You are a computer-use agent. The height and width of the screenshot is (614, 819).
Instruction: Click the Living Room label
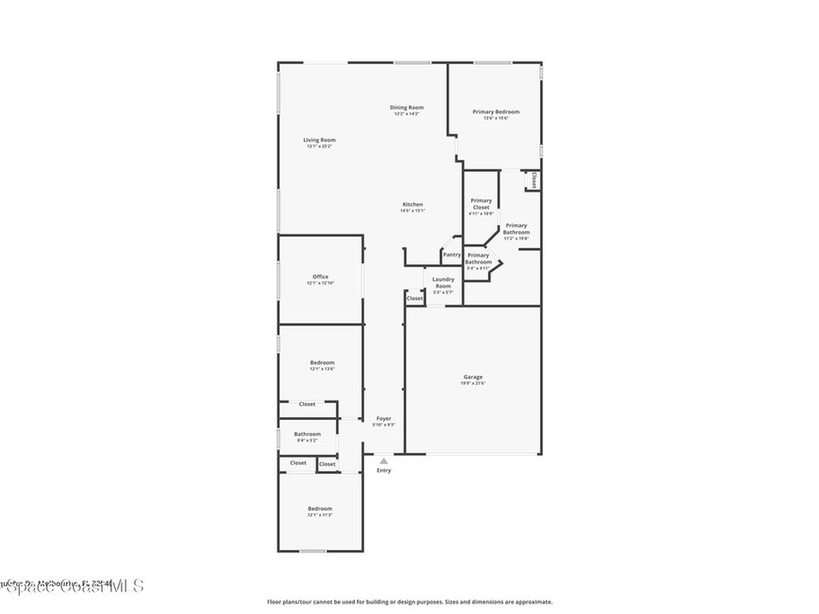coord(319,140)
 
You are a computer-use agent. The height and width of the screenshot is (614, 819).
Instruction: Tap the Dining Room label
coord(406,107)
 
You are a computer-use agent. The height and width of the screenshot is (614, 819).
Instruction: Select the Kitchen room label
coord(412,204)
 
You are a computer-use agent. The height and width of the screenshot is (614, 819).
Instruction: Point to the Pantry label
coord(452,255)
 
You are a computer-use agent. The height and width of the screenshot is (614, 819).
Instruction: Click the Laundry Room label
coord(443,282)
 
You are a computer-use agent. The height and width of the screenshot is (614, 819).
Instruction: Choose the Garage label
coord(473,377)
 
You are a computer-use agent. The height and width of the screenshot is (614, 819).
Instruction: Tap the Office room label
coord(320,277)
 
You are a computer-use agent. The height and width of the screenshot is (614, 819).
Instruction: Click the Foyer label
coord(384,418)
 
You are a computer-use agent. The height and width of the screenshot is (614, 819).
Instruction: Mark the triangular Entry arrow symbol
coord(384,460)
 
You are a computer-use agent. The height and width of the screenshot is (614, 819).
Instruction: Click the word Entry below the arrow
coord(384,470)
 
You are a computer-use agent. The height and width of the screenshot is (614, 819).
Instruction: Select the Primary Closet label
coord(481,204)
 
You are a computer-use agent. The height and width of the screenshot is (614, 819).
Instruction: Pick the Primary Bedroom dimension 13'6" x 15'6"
coord(496,118)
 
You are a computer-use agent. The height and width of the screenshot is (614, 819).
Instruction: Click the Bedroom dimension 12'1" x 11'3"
coord(320,516)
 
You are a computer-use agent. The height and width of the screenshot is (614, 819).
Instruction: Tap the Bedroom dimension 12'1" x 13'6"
coord(322,369)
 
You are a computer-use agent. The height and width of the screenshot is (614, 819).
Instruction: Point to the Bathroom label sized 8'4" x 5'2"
coord(307,434)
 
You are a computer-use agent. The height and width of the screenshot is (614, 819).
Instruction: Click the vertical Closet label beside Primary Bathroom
coord(533,181)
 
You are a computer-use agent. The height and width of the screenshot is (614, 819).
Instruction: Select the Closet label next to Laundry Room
coord(414,298)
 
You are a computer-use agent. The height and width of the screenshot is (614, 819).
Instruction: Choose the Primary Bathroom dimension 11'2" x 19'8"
coord(517,238)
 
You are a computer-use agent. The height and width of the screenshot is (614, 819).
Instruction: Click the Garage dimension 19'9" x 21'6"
coord(473,384)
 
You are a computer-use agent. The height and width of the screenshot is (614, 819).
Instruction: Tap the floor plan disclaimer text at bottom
coord(409,602)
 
